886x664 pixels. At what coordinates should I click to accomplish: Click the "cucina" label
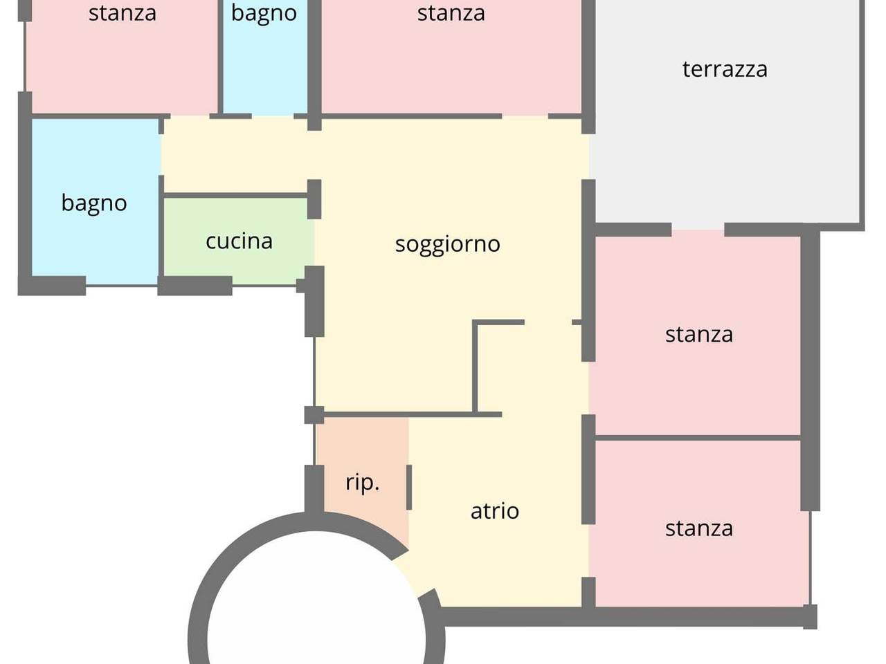click(239, 241)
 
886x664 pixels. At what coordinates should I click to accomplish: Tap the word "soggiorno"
click(447, 244)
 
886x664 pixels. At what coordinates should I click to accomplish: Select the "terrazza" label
click(725, 69)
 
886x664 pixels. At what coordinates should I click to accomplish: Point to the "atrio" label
click(494, 510)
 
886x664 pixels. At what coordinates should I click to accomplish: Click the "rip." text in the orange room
click(362, 481)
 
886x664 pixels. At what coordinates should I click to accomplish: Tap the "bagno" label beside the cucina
click(94, 203)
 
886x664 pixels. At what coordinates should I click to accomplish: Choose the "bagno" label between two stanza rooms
click(264, 13)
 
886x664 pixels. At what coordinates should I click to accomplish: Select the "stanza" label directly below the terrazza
click(698, 334)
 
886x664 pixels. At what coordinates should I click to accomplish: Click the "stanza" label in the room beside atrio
click(698, 528)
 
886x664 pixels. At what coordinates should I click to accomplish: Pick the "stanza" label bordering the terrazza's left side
click(451, 13)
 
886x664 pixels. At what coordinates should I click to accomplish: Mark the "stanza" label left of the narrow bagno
click(122, 13)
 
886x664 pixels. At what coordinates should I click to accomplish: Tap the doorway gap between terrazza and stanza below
click(698, 230)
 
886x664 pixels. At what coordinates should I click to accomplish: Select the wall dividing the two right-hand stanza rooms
click(698, 438)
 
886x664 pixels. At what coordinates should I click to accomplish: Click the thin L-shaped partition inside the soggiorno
click(476, 367)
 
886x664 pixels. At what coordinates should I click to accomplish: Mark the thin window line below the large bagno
click(122, 285)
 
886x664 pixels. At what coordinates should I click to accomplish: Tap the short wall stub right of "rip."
click(409, 487)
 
